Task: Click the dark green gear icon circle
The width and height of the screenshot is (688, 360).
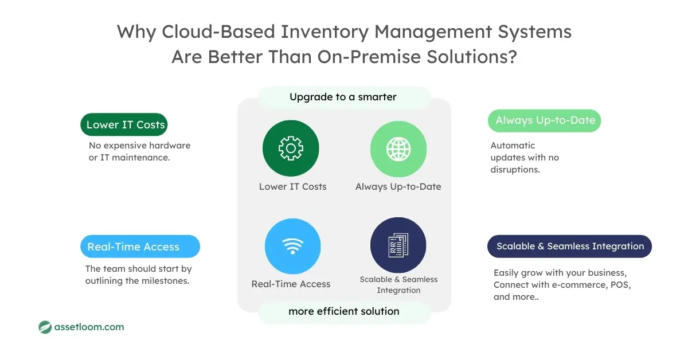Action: pyautogui.click(x=291, y=149)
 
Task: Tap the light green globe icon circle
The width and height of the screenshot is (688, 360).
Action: pyautogui.click(x=398, y=149)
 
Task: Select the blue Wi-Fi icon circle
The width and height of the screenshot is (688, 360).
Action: pyautogui.click(x=292, y=246)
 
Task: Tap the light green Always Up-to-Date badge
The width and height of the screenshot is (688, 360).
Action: pyautogui.click(x=544, y=120)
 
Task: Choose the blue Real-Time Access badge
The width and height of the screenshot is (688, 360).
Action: pyautogui.click(x=140, y=246)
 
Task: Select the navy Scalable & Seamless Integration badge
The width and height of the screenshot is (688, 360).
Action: pyautogui.click(x=569, y=246)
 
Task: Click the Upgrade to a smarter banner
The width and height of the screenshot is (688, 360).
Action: pyautogui.click(x=343, y=97)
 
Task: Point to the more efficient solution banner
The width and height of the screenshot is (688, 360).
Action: pyautogui.click(x=344, y=311)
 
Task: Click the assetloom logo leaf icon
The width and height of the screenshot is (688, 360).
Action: pyautogui.click(x=45, y=327)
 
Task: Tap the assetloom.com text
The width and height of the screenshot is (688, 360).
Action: pyautogui.click(x=89, y=327)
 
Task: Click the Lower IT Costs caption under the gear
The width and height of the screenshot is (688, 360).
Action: pyautogui.click(x=292, y=186)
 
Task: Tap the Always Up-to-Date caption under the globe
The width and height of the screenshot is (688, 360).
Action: pyautogui.click(x=398, y=186)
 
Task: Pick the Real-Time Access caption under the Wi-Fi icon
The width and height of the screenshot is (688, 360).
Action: pyautogui.click(x=291, y=284)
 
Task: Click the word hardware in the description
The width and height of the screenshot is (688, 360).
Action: pyautogui.click(x=170, y=146)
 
